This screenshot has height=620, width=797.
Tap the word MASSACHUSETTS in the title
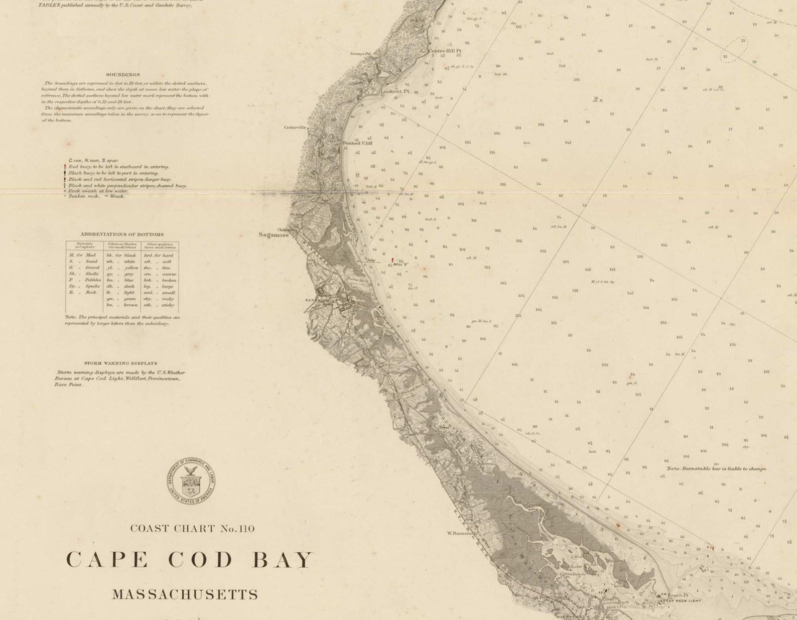point(185,595)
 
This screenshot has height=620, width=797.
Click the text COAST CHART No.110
point(192,529)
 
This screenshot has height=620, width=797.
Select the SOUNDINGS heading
point(123,75)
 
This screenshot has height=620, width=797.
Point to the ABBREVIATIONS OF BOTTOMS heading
point(122,234)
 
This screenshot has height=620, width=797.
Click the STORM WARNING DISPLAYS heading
point(120,363)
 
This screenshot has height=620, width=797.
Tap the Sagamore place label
point(274,235)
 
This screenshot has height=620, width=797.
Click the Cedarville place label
point(295,128)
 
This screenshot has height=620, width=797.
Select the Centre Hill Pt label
point(444,51)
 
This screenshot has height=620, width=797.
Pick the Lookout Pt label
point(395,91)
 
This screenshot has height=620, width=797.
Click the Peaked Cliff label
point(358,143)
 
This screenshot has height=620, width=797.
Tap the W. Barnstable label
point(461,533)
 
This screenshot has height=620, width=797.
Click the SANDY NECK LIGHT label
point(680,601)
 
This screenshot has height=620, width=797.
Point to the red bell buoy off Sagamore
point(392,261)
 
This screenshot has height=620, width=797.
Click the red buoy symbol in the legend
point(65,167)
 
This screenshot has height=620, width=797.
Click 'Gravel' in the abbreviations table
point(92,268)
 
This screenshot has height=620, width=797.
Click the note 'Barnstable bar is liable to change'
point(716,468)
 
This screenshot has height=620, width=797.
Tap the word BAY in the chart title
point(282,560)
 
